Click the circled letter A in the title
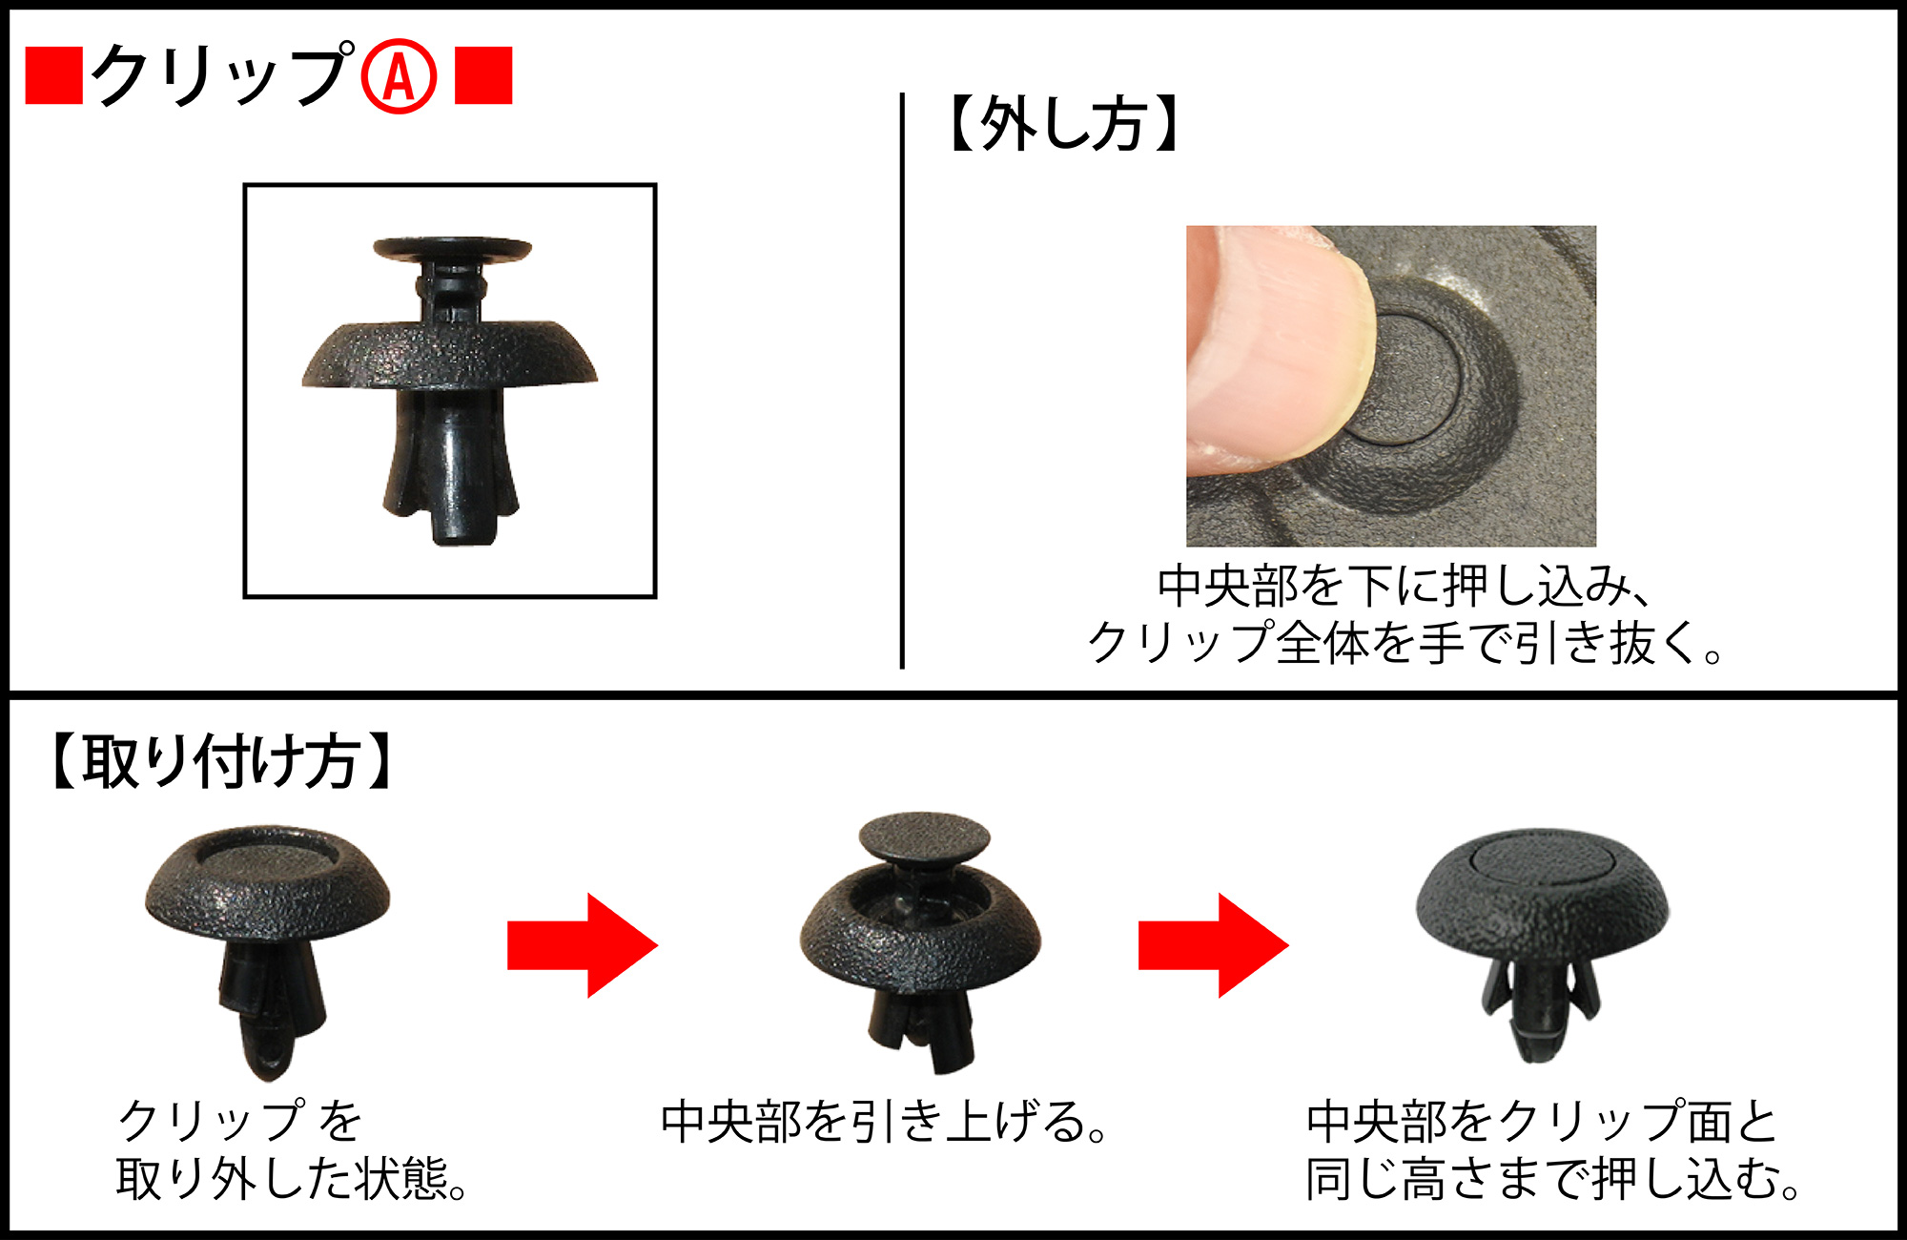(399, 76)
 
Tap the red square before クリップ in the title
(54, 75)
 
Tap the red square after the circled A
(483, 75)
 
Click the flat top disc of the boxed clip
(452, 249)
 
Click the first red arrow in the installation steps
(583, 945)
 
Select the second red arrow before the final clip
(1214, 945)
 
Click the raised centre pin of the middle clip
(924, 837)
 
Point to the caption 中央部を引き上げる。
(884, 1122)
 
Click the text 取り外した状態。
(292, 1180)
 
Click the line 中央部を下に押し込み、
(1404, 586)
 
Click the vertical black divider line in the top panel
(902, 381)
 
